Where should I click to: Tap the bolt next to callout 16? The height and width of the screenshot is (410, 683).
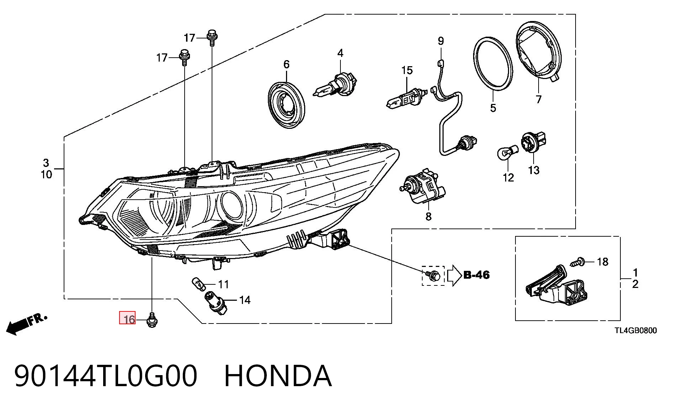coord(152,320)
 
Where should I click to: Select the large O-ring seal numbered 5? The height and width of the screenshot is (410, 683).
coord(493,63)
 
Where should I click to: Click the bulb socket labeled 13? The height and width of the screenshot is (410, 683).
coord(534,142)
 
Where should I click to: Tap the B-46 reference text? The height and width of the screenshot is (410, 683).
coord(476,275)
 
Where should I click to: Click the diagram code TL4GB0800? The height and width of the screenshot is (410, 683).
coord(636,331)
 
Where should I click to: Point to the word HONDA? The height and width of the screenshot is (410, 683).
coord(278,376)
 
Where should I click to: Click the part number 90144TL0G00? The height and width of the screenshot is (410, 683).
coord(106,376)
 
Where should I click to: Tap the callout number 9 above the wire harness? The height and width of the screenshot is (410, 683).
coord(441,41)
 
